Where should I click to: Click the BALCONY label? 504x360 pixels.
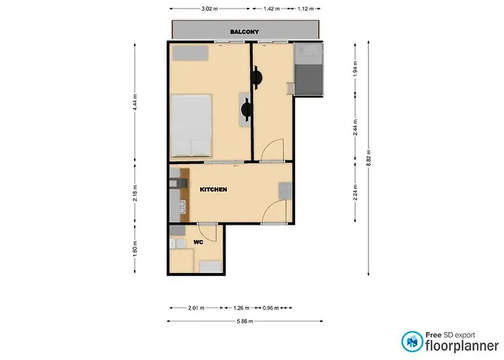click(x=244, y=32)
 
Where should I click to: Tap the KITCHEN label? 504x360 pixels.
click(x=213, y=189)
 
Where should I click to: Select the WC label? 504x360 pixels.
click(x=198, y=242)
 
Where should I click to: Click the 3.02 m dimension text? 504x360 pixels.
click(x=210, y=9)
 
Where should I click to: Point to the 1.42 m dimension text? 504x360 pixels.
click(x=271, y=9)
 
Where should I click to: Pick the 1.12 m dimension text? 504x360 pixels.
click(x=305, y=9)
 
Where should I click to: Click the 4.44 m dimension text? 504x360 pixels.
click(x=135, y=102)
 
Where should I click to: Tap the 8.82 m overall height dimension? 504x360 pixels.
click(x=369, y=158)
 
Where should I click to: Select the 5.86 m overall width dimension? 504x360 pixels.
click(x=245, y=321)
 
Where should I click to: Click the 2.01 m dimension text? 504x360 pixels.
click(x=196, y=308)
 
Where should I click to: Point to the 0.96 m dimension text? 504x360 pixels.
click(x=271, y=308)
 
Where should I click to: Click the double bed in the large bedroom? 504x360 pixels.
click(x=192, y=125)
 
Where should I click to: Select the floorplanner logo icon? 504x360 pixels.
click(x=412, y=342)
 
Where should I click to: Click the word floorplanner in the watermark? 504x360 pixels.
click(x=462, y=346)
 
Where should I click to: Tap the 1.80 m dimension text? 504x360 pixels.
click(x=135, y=249)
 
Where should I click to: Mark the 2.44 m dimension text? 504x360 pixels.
click(x=355, y=127)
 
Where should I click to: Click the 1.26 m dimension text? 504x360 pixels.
click(x=241, y=308)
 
